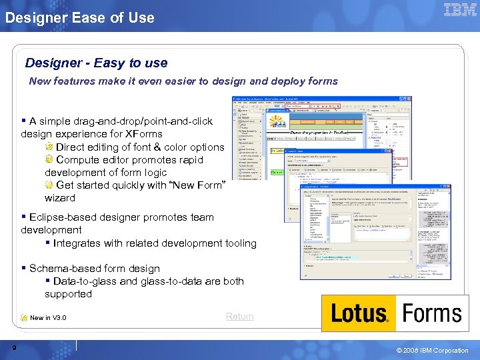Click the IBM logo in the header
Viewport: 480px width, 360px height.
[459, 10]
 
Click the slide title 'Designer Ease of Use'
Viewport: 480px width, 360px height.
[79, 18]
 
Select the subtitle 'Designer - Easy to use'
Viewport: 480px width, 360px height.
[96, 63]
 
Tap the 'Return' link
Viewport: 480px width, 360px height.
[239, 316]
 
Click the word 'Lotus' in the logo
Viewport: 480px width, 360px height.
[359, 313]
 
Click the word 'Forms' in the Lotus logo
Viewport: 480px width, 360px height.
[432, 313]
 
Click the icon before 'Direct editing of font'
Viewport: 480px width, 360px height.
[49, 147]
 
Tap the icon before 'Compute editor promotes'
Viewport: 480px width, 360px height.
[49, 159]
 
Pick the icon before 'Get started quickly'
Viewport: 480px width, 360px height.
[49, 185]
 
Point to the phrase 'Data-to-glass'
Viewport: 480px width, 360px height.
[85, 281]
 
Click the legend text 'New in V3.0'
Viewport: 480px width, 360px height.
[48, 318]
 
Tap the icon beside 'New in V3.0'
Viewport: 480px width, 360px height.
[24, 317]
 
